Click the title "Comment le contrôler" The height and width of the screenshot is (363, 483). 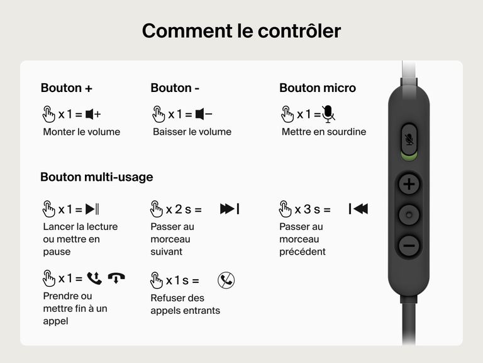click(241, 30)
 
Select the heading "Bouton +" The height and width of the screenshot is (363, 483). click(67, 88)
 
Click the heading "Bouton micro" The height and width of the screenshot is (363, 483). click(317, 88)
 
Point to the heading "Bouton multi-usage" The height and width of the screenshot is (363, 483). click(96, 177)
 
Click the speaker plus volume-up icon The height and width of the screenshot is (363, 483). click(93, 114)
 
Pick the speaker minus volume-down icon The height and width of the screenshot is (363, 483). click(203, 114)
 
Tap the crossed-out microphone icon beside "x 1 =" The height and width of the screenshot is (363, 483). click(328, 114)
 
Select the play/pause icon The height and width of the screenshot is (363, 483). click(92, 209)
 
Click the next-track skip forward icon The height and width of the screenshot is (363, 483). click(229, 209)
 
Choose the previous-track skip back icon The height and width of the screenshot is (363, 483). click(358, 209)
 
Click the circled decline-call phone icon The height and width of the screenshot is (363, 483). click(226, 280)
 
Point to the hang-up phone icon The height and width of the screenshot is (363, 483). click(116, 277)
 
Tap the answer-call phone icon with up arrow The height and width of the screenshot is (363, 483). click(94, 278)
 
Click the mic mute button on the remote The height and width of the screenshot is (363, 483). click(409, 139)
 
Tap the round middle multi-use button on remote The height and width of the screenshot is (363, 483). click(409, 216)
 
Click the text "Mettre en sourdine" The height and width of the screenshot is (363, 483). click(323, 132)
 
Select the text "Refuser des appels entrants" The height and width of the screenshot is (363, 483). click(185, 304)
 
